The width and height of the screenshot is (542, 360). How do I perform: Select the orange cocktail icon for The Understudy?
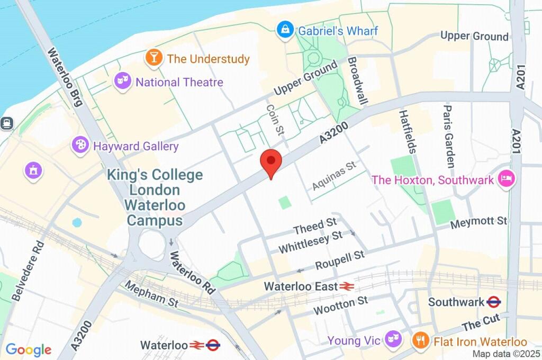[x=154, y=58]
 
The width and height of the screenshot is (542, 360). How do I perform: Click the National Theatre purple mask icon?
[x=123, y=82]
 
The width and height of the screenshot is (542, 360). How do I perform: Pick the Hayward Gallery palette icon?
[x=80, y=146]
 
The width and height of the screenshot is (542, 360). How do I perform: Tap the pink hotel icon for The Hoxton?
[x=507, y=179]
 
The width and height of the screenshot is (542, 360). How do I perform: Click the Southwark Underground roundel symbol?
[x=493, y=302]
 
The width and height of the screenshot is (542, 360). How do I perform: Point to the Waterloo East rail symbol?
[x=347, y=286]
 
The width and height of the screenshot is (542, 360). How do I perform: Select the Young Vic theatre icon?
[x=392, y=339]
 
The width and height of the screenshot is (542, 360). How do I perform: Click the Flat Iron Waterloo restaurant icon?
[x=421, y=340]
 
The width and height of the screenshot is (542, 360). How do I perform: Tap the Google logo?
[x=29, y=349]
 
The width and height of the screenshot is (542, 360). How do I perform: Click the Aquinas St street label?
[x=334, y=177]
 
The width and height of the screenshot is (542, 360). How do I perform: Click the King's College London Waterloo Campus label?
[x=155, y=197]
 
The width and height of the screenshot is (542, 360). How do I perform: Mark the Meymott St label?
[x=478, y=222]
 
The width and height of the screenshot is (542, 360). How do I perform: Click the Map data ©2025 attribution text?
[x=505, y=354]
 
